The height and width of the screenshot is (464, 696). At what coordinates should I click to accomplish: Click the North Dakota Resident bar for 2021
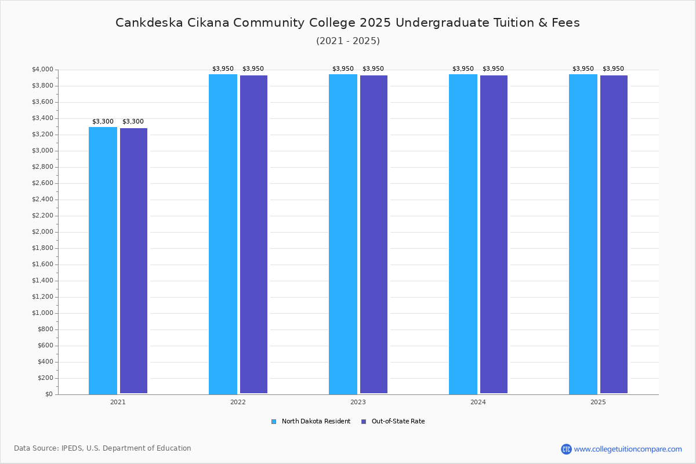pos(103,260)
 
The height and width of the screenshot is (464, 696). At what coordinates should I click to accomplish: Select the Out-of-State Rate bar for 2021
pos(133,261)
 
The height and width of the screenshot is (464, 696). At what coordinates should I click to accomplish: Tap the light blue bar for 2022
pos(223,234)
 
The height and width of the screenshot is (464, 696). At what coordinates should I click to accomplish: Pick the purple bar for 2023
pos(374,234)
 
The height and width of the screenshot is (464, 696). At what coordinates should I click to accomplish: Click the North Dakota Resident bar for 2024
pos(463,234)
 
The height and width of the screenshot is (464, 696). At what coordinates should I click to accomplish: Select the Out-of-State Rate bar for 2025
pos(614,234)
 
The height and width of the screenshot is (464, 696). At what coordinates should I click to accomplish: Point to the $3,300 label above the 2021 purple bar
pos(133,122)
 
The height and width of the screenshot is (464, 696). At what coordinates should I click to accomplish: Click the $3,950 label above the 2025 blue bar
pos(583,68)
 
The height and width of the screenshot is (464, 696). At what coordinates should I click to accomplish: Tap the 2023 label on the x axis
pos(358,402)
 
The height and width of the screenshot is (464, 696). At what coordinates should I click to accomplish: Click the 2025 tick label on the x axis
pos(598,402)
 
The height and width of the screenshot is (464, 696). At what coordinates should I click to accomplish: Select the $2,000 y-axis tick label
pos(42,232)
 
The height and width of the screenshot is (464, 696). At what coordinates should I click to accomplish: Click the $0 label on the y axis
pos(49,394)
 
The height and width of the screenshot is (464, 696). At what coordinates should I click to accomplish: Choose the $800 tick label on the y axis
pos(45,329)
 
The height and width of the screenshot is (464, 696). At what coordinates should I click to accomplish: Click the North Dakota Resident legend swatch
pos(274,422)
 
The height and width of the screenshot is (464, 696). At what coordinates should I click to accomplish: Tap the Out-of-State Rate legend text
pos(398,422)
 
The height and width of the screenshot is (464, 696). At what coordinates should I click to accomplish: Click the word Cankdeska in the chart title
pos(149,23)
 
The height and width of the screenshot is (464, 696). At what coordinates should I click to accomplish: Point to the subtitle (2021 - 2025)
pos(348,41)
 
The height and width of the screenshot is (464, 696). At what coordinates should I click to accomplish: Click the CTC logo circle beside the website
pos(566,449)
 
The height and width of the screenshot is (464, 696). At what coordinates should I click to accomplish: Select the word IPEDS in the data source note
pos(72,448)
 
